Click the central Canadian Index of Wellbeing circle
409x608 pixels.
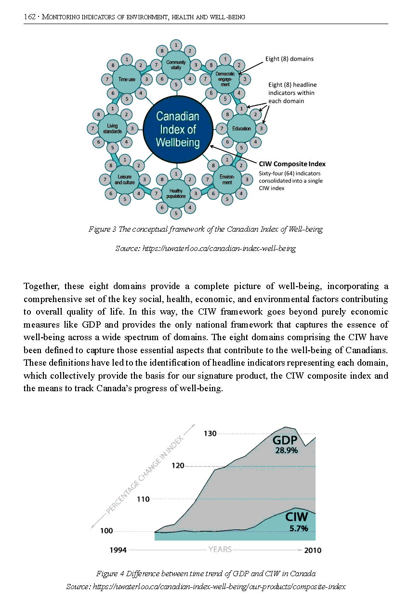tap(178, 129)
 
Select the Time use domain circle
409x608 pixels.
tap(127, 79)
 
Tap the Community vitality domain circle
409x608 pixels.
tap(176, 65)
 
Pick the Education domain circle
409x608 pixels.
tap(241, 129)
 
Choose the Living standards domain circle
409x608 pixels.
tap(112, 129)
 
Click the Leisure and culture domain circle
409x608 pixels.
tap(125, 180)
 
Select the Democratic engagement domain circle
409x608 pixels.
tap(225, 79)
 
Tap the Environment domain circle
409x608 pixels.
tap(227, 180)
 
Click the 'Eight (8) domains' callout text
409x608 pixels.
tap(289, 59)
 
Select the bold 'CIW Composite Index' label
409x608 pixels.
tap(292, 164)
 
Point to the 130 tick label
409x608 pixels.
tap(210, 434)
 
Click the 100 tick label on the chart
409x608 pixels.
tap(106, 531)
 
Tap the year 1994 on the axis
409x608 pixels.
tap(119, 550)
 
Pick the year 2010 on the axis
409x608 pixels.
tap(313, 550)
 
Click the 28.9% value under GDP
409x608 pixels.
tap(286, 451)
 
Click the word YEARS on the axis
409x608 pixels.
tap(220, 549)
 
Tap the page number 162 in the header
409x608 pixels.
tap(29, 17)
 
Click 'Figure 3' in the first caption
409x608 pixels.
tap(102, 229)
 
